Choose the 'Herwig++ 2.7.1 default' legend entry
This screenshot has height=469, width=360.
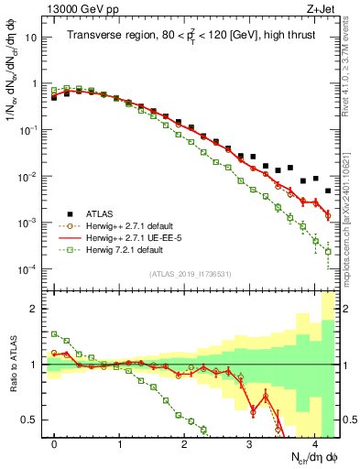[x=134, y=224]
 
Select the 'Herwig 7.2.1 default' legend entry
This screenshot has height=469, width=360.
[x=129, y=249]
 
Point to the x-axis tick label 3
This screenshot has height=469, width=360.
[x=249, y=442]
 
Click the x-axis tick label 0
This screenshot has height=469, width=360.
[x=55, y=442]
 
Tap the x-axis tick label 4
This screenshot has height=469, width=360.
[x=314, y=442]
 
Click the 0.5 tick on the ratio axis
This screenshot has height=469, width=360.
[x=32, y=420]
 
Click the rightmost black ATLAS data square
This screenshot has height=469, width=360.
[x=328, y=191]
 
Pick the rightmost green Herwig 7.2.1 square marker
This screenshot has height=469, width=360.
[x=328, y=251]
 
